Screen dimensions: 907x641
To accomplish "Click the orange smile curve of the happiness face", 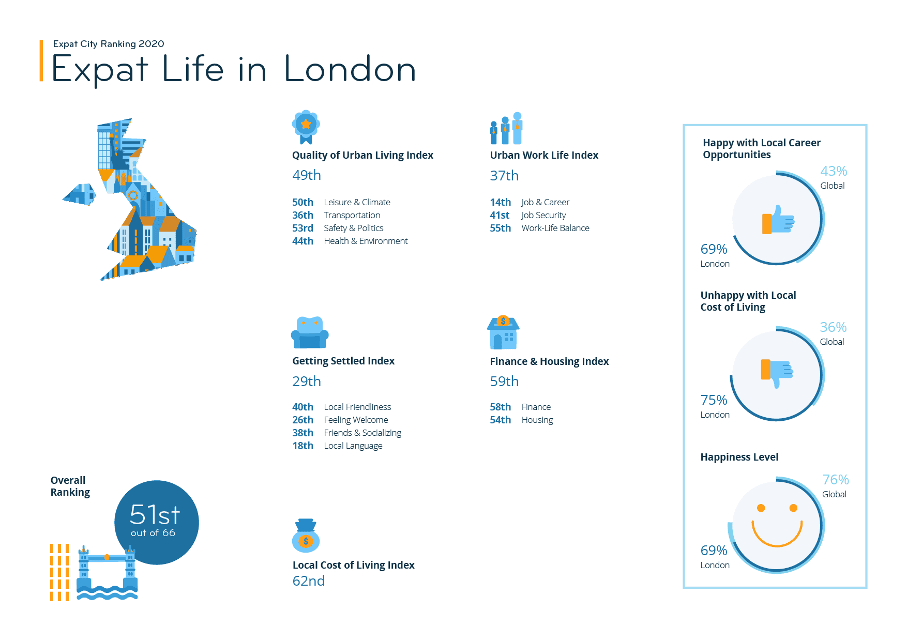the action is [777, 535].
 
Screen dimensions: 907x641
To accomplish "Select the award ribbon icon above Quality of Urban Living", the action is [306, 127].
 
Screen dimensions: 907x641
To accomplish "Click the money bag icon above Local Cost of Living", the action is [306, 536].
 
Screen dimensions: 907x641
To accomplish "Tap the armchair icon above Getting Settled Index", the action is [310, 333].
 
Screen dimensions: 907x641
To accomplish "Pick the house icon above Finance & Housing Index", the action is [503, 332].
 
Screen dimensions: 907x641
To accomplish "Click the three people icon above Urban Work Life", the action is [506, 128].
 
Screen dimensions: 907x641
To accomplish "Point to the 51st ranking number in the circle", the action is [155, 514].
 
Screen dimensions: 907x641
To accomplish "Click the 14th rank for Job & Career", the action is [501, 202].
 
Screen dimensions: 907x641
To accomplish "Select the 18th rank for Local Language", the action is [303, 446].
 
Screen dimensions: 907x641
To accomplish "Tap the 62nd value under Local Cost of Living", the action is [309, 581].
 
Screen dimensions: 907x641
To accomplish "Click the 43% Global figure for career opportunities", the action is [834, 171].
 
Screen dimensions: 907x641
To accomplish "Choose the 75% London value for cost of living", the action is [714, 400].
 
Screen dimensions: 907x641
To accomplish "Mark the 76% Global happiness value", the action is [836, 480].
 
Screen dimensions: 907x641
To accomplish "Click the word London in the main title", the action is [350, 69].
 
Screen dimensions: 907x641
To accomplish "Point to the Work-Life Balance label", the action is [555, 228].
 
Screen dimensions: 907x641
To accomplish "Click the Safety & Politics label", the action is [354, 228].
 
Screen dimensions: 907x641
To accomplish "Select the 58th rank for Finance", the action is [501, 407].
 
